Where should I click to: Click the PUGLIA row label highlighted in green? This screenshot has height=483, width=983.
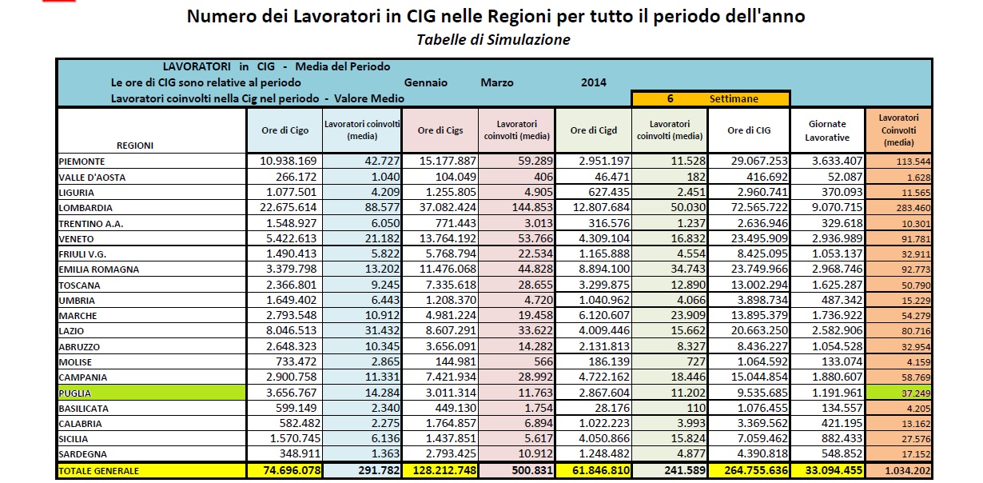(76, 393)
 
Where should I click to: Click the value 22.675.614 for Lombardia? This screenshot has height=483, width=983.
(289, 208)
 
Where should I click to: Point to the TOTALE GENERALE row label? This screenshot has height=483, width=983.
(99, 471)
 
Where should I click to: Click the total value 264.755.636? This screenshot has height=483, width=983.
(749, 471)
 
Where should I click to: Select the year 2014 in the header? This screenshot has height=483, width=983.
(594, 82)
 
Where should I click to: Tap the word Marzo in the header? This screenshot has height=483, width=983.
(497, 82)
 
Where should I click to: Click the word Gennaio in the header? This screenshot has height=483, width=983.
(426, 82)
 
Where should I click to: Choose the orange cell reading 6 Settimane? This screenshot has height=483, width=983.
(710, 98)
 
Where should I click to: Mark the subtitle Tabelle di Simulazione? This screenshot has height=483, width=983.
(493, 40)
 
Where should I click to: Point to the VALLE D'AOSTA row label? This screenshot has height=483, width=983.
(92, 177)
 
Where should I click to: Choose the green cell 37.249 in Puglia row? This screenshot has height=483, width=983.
(900, 393)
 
